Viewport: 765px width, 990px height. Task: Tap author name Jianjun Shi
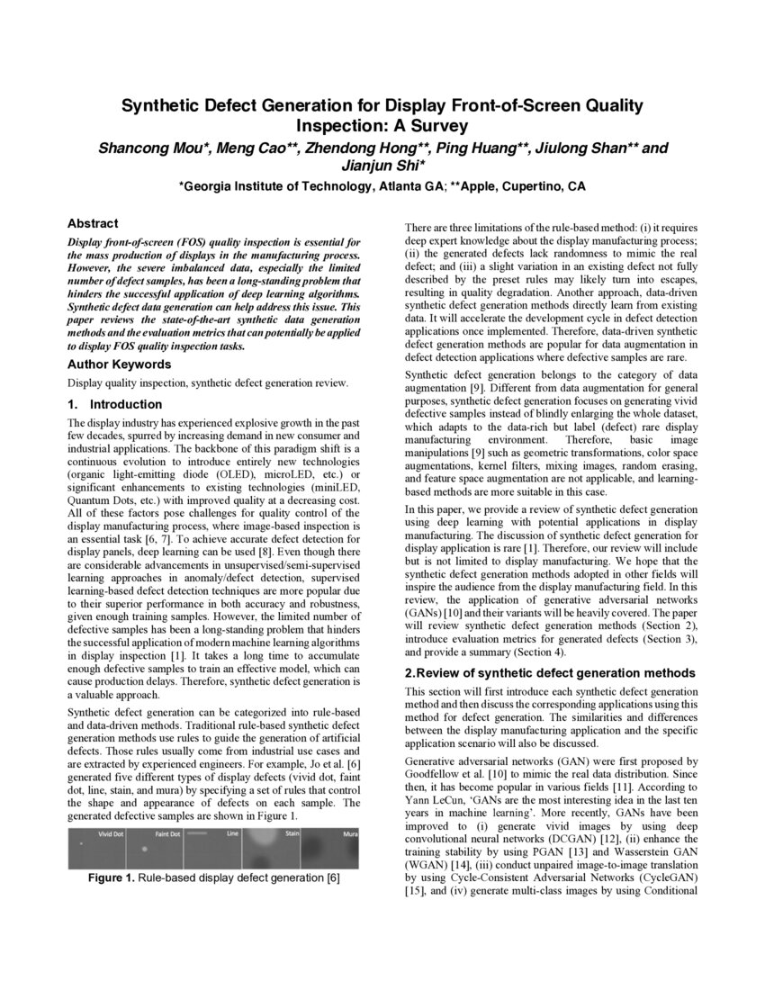tap(382, 166)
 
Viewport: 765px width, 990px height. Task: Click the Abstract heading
tap(93, 223)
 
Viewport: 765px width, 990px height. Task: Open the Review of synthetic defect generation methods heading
tap(550, 673)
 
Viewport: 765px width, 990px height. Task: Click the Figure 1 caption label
tap(118, 877)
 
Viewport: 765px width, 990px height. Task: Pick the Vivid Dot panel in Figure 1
tap(96, 849)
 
